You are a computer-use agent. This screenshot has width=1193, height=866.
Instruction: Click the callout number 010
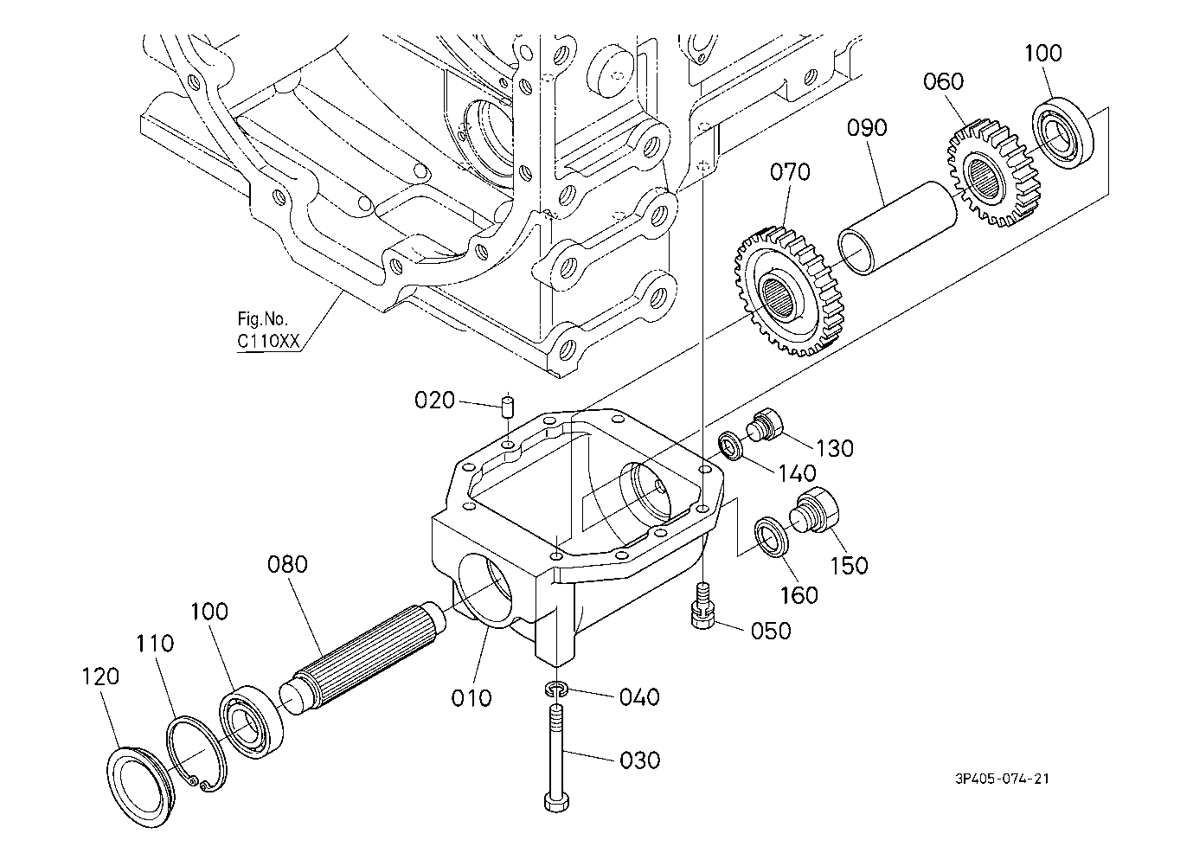pyautogui.click(x=471, y=697)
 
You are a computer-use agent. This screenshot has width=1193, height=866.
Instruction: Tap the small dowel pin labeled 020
pyautogui.click(x=508, y=407)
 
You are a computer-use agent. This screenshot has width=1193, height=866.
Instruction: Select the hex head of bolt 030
pyautogui.click(x=556, y=802)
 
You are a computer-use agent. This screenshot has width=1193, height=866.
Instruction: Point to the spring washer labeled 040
pyautogui.click(x=556, y=690)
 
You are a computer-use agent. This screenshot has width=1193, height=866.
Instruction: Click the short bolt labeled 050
pyautogui.click(x=704, y=606)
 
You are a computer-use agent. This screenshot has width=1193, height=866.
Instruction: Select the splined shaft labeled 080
pyautogui.click(x=363, y=655)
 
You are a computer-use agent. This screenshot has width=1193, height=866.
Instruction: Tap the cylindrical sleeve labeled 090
pyautogui.click(x=897, y=228)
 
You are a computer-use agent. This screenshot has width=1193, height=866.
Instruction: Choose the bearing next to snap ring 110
pyautogui.click(x=252, y=722)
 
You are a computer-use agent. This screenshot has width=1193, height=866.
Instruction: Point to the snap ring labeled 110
pyautogui.click(x=196, y=754)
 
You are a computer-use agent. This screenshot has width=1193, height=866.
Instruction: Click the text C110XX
pyautogui.click(x=268, y=341)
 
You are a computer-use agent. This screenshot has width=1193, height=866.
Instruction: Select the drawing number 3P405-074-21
pyautogui.click(x=1002, y=779)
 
